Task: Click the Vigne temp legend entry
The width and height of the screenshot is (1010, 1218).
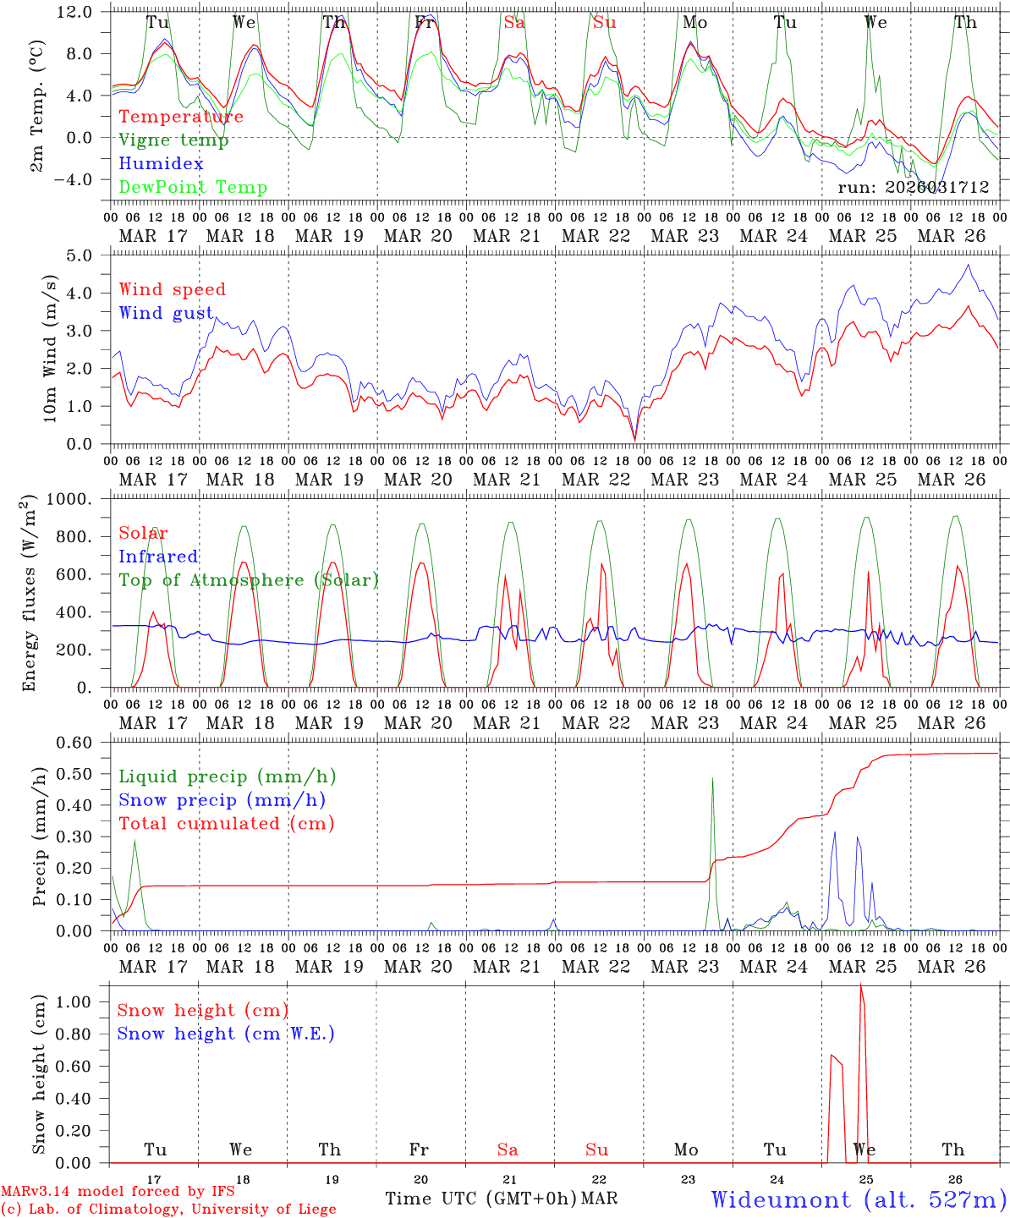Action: pyautogui.click(x=173, y=140)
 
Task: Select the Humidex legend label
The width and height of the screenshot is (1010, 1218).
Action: pyautogui.click(x=161, y=164)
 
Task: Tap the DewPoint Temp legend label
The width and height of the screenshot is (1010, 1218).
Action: pyautogui.click(x=193, y=188)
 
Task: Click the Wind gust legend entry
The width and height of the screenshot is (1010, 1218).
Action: pyautogui.click(x=166, y=313)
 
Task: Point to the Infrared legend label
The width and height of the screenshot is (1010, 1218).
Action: pyautogui.click(x=158, y=557)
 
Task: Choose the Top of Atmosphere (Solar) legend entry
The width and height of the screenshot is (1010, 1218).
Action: pyautogui.click(x=249, y=580)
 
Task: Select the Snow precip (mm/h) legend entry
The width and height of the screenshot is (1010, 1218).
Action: pyautogui.click(x=222, y=800)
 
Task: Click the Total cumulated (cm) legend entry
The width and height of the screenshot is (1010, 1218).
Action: pyautogui.click(x=227, y=824)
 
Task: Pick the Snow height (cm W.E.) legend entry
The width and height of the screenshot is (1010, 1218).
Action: pyautogui.click(x=226, y=1034)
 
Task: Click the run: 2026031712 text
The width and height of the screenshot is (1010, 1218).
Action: pyautogui.click(x=913, y=188)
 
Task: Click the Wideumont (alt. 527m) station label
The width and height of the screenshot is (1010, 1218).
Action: pyautogui.click(x=859, y=1199)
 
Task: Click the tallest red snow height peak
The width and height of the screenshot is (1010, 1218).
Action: pyautogui.click(x=861, y=986)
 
